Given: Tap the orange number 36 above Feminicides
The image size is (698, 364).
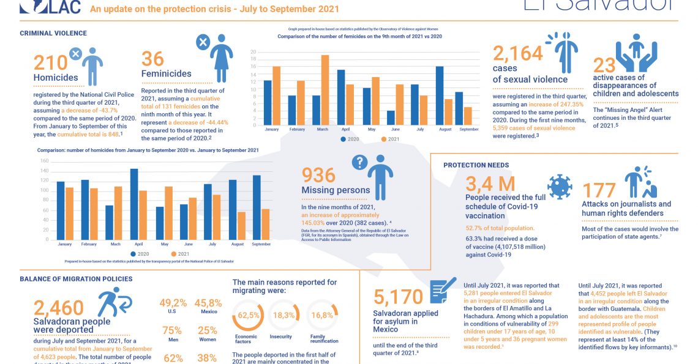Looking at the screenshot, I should pos(152,59).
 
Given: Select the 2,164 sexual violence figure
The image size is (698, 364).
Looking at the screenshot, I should pos(517,54).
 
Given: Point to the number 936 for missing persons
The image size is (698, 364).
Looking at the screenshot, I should pos(319,176).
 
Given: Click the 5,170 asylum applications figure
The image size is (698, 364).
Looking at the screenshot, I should pos(398,297).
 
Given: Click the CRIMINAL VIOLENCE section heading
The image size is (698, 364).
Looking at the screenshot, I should pos(53,33).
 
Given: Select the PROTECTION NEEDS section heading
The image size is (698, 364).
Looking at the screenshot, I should pos(476,165).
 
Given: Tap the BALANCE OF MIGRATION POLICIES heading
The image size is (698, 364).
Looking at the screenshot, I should pos(76,279).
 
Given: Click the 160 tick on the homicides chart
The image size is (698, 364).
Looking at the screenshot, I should pos(44,162).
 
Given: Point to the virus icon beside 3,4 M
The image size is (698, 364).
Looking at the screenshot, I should pos(559,187).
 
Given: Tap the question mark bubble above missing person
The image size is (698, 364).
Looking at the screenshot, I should pos(359,162).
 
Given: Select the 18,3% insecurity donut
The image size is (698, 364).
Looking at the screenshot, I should pos(282,316).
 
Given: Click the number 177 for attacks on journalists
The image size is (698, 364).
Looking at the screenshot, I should pos(598,190).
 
